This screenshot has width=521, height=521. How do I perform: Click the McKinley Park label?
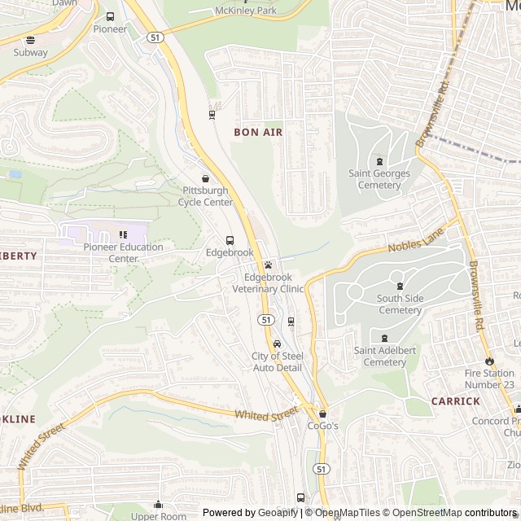pyautogui.click(x=245, y=11)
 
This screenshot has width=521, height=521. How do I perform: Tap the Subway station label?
pyautogui.click(x=30, y=52)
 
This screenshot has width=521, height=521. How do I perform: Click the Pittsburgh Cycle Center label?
pyautogui.click(x=207, y=196)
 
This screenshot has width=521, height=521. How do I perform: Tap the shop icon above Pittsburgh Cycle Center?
pyautogui.click(x=205, y=178)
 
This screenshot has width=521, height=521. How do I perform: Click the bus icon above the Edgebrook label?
pyautogui.click(x=230, y=240)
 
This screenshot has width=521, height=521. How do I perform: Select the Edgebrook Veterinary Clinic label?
pyautogui.click(x=268, y=282)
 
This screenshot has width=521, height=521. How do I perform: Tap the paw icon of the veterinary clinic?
pyautogui.click(x=268, y=265)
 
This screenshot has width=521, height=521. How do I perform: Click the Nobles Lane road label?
pyautogui.click(x=416, y=239)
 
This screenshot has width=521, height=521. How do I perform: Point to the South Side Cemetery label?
pyautogui.click(x=400, y=304)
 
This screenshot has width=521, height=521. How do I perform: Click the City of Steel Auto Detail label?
pyautogui.click(x=277, y=361)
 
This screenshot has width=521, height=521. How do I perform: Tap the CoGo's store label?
pyautogui.click(x=322, y=425)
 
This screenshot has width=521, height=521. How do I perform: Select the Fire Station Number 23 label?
pyautogui.click(x=490, y=379)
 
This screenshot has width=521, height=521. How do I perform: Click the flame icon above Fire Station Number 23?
pyautogui.click(x=489, y=361)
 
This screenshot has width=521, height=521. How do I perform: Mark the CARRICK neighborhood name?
pyautogui.click(x=455, y=401)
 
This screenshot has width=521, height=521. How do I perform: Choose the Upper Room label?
pyautogui.click(x=159, y=516)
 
